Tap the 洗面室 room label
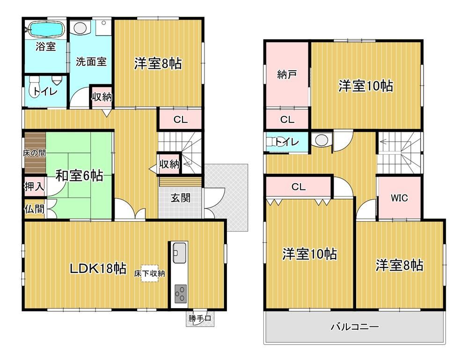coord(91,62)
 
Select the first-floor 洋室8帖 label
coord(158,64)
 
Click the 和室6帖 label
coord(80,175)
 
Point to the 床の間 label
coord(34,153)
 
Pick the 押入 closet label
coord(34,187)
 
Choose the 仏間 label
coord(34,209)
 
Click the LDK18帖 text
coord(98,268)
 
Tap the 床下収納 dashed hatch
coord(150,273)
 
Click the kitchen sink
coord(179,252)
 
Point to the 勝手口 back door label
coord(200,318)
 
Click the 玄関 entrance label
coord(181,198)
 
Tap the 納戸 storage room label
coord(287,74)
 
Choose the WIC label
coord(399,198)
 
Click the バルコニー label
coord(355,327)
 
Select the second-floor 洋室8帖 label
coord(399,265)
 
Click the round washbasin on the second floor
coord(321,140)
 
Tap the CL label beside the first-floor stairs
coord(181,120)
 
